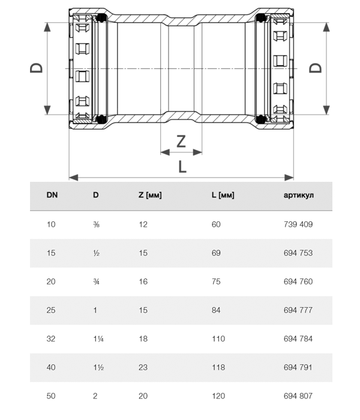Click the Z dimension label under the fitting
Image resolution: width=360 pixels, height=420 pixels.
(181, 141)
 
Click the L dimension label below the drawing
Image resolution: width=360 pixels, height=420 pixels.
(182, 166)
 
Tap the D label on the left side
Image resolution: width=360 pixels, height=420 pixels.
(37, 68)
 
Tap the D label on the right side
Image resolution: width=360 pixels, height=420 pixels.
(315, 68)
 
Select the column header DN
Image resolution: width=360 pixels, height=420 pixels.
(52, 195)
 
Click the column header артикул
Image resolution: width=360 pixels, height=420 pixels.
(298, 195)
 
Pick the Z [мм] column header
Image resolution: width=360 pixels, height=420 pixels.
(150, 195)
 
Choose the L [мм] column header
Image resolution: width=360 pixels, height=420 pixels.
(223, 195)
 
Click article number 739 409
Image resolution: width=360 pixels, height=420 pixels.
(298, 224)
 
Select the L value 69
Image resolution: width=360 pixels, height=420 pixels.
(216, 253)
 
